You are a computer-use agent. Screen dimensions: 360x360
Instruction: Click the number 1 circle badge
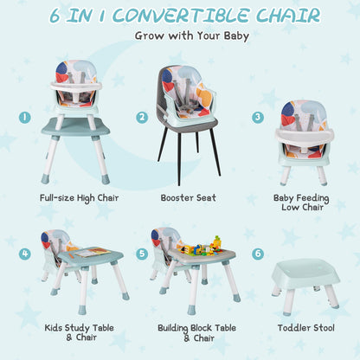click(x=26, y=116)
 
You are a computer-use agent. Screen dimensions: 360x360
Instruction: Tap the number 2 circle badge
click(x=141, y=117)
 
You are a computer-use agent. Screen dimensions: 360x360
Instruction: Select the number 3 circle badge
click(x=258, y=117)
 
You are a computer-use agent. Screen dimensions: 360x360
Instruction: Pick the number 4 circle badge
click(x=26, y=254)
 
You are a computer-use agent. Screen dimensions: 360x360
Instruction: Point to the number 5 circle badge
click(x=141, y=254)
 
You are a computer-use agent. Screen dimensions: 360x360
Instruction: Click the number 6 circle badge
click(x=258, y=254)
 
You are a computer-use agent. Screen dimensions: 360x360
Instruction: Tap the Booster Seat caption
click(x=188, y=197)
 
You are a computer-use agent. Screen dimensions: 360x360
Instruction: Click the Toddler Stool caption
click(x=300, y=328)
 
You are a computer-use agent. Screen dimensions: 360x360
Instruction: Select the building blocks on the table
click(x=196, y=246)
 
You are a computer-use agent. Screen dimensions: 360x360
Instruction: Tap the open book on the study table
click(x=89, y=252)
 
